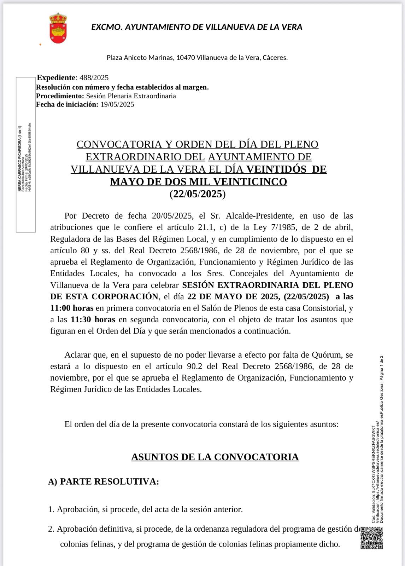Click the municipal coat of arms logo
click(x=58, y=28)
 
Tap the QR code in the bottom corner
click(x=371, y=538)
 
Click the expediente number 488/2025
click(x=94, y=78)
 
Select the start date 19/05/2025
click(x=117, y=104)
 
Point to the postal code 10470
click(x=186, y=57)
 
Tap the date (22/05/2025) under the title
click(x=198, y=194)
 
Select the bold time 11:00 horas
click(x=72, y=308)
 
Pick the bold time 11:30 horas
click(x=93, y=319)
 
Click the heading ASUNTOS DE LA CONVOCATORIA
click(x=215, y=457)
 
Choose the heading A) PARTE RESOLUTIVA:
click(x=104, y=481)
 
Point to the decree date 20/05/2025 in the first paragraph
click(x=172, y=216)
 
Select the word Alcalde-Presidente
click(x=259, y=216)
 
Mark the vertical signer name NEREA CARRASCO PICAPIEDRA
click(x=20, y=158)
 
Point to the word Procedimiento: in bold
click(x=60, y=96)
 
